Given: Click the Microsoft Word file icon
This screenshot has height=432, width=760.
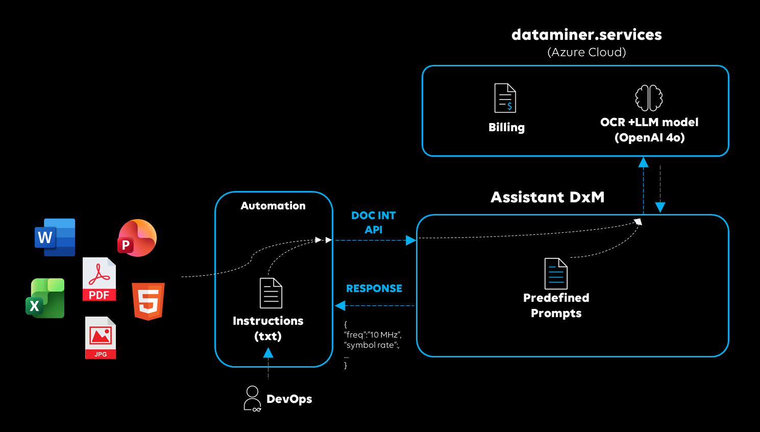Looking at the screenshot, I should pyautogui.click(x=55, y=237).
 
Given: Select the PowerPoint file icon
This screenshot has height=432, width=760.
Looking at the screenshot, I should pyautogui.click(x=137, y=238).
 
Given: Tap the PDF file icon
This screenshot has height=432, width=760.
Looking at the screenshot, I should pyautogui.click(x=99, y=279).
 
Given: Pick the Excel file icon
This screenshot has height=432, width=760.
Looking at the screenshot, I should pyautogui.click(x=45, y=298).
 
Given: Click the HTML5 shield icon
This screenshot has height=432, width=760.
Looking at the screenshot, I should pyautogui.click(x=148, y=301).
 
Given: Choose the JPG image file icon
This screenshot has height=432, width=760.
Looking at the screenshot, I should pyautogui.click(x=101, y=338).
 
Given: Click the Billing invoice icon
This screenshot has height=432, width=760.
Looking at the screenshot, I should pyautogui.click(x=505, y=98).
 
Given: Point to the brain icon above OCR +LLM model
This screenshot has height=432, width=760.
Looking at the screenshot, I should pyautogui.click(x=649, y=98).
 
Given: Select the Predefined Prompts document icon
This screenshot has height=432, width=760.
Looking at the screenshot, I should pyautogui.click(x=556, y=274).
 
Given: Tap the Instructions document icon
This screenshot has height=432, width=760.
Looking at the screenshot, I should pyautogui.click(x=271, y=293).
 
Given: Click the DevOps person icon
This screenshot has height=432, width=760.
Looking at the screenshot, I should pyautogui.click(x=252, y=399).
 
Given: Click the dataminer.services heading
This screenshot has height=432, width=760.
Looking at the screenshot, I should pyautogui.click(x=586, y=35).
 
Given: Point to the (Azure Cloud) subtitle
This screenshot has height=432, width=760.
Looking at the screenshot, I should pyautogui.click(x=586, y=52).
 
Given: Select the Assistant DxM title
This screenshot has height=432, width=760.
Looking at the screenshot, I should pyautogui.click(x=547, y=197).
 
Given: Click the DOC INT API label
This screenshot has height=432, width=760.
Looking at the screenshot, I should pyautogui.click(x=374, y=223).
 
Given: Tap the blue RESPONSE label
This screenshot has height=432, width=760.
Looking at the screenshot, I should pyautogui.click(x=374, y=289).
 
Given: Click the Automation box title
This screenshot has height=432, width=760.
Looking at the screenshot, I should pyautogui.click(x=273, y=206).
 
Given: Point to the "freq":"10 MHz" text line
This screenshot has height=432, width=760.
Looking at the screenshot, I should pyautogui.click(x=373, y=335).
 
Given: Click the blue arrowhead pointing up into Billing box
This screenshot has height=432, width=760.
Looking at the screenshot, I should pyautogui.click(x=644, y=162).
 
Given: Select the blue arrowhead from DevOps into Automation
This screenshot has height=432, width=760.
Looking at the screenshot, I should pyautogui.click(x=268, y=353).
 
